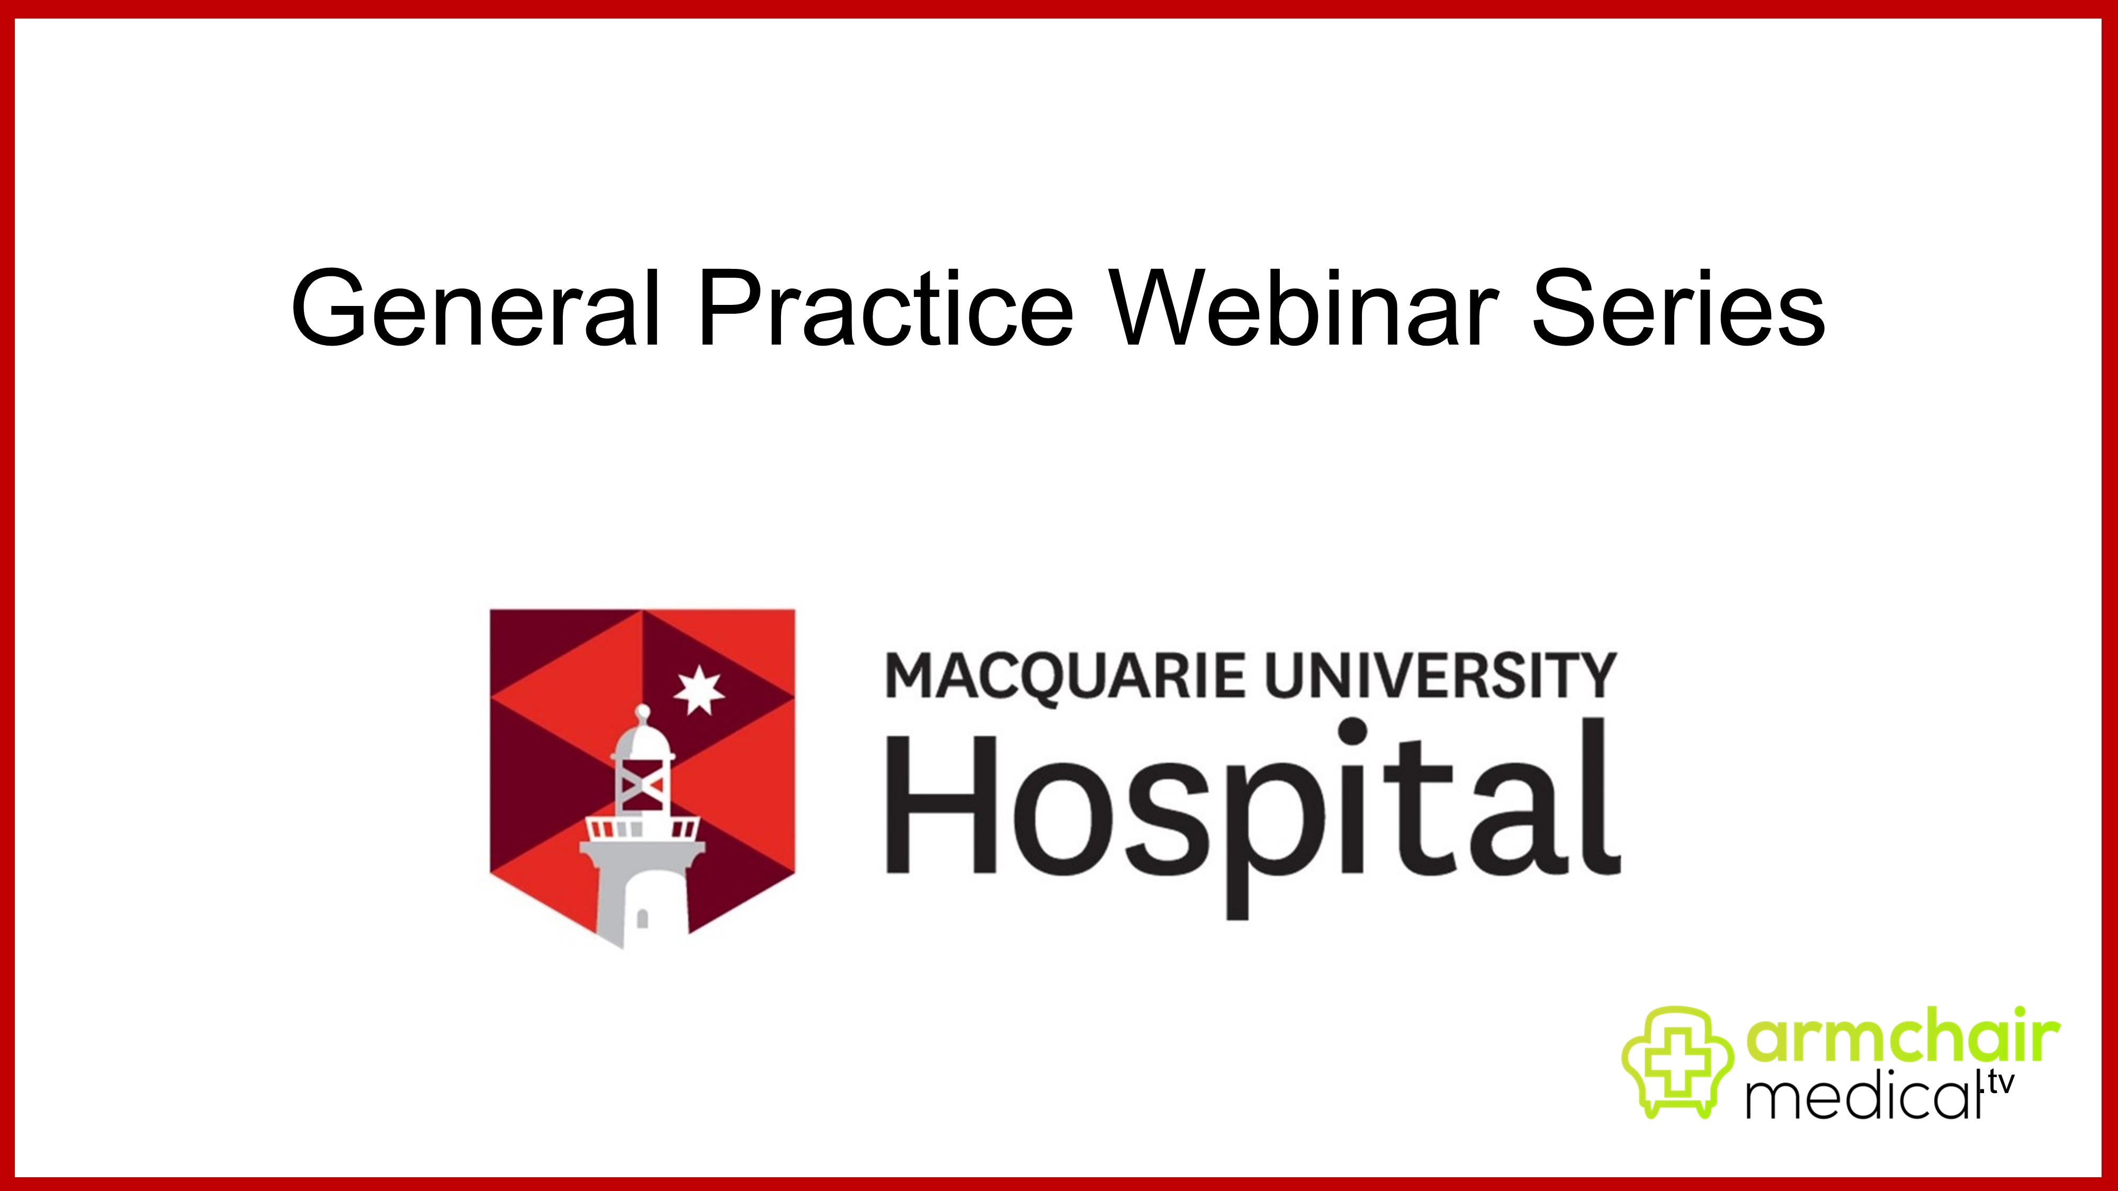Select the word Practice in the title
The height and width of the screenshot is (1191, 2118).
tap(885, 308)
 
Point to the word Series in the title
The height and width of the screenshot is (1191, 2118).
tap(1677, 308)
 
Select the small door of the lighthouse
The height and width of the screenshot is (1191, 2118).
tap(642, 918)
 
